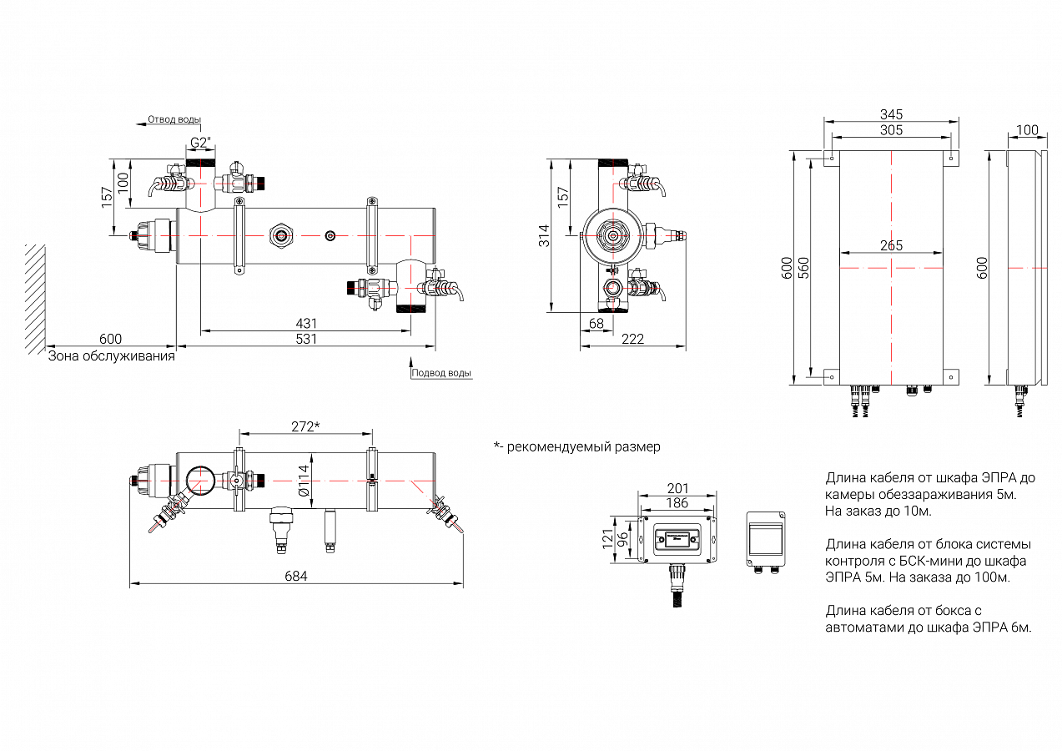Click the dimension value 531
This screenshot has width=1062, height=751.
[306, 339]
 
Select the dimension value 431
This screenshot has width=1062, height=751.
[306, 324]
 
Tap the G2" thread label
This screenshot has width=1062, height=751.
[200, 143]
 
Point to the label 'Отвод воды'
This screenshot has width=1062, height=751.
[174, 119]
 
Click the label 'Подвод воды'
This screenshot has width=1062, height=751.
[442, 373]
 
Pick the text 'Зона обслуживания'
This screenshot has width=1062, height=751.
[111, 356]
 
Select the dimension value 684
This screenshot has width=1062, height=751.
[296, 577]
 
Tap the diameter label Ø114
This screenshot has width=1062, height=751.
[305, 481]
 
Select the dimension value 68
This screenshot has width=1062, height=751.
[596, 323]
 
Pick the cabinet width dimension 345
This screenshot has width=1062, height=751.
[891, 114]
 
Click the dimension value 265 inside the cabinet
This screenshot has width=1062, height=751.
[891, 246]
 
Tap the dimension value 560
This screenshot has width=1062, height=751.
[804, 267]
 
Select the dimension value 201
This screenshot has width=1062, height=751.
[677, 487]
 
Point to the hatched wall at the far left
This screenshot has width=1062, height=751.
[34, 298]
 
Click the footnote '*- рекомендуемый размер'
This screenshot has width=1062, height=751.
[576, 446]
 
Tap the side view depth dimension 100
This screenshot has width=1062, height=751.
[1027, 130]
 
